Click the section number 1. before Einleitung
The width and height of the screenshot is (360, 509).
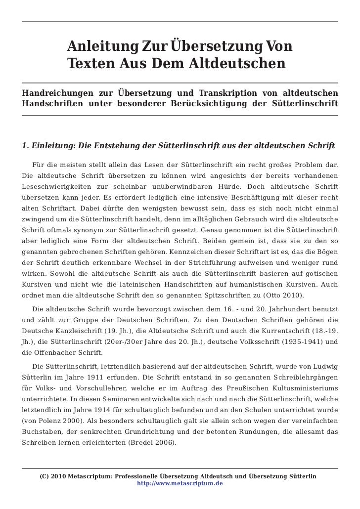click(x=26, y=146)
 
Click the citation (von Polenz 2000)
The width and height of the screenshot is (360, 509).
click(x=53, y=421)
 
